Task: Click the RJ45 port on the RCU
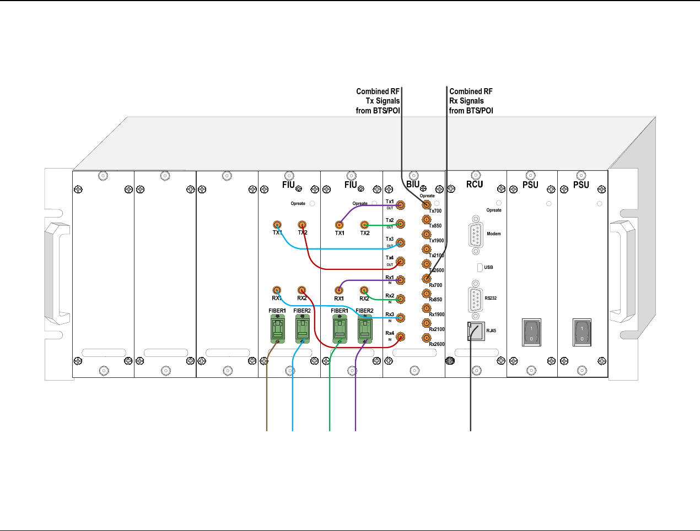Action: click(x=476, y=331)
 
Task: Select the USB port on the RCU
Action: click(x=479, y=267)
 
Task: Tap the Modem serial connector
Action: click(x=476, y=235)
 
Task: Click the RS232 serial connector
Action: click(x=476, y=299)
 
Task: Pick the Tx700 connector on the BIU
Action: click(x=426, y=204)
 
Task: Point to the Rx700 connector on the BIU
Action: click(x=426, y=279)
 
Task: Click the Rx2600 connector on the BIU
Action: click(x=426, y=338)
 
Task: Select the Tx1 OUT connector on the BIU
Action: click(x=401, y=205)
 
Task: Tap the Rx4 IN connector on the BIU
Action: click(x=401, y=337)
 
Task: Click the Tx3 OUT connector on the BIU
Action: click(x=401, y=243)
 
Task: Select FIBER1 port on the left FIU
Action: click(x=277, y=330)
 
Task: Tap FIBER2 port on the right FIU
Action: click(x=364, y=330)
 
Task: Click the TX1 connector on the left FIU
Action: click(x=277, y=225)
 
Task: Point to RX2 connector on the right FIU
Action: click(x=364, y=290)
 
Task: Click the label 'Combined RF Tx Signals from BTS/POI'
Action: click(x=378, y=101)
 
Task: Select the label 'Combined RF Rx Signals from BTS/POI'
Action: click(x=471, y=101)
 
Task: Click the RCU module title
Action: click(x=475, y=185)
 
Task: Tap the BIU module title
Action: click(x=413, y=185)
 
